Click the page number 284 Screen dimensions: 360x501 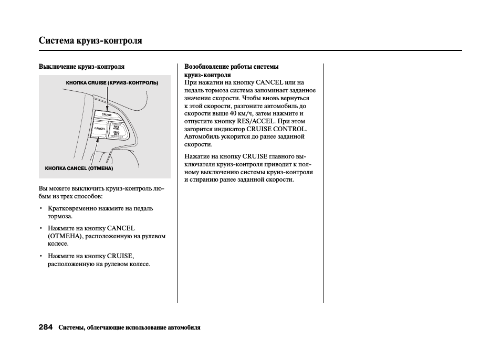point(46,327)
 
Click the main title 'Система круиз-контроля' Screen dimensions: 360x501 point(90,40)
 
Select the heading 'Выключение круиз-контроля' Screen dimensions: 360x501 point(81,67)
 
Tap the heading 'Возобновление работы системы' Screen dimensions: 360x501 point(231,67)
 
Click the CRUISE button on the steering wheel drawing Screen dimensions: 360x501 point(107,114)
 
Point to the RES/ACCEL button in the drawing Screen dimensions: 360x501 point(116,126)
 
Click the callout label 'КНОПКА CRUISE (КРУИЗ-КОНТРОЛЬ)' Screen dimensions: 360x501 point(112,83)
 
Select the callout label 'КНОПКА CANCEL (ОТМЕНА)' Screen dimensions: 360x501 point(79,168)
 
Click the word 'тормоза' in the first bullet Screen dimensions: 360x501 point(60,216)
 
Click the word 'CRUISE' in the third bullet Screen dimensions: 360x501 point(120,256)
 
